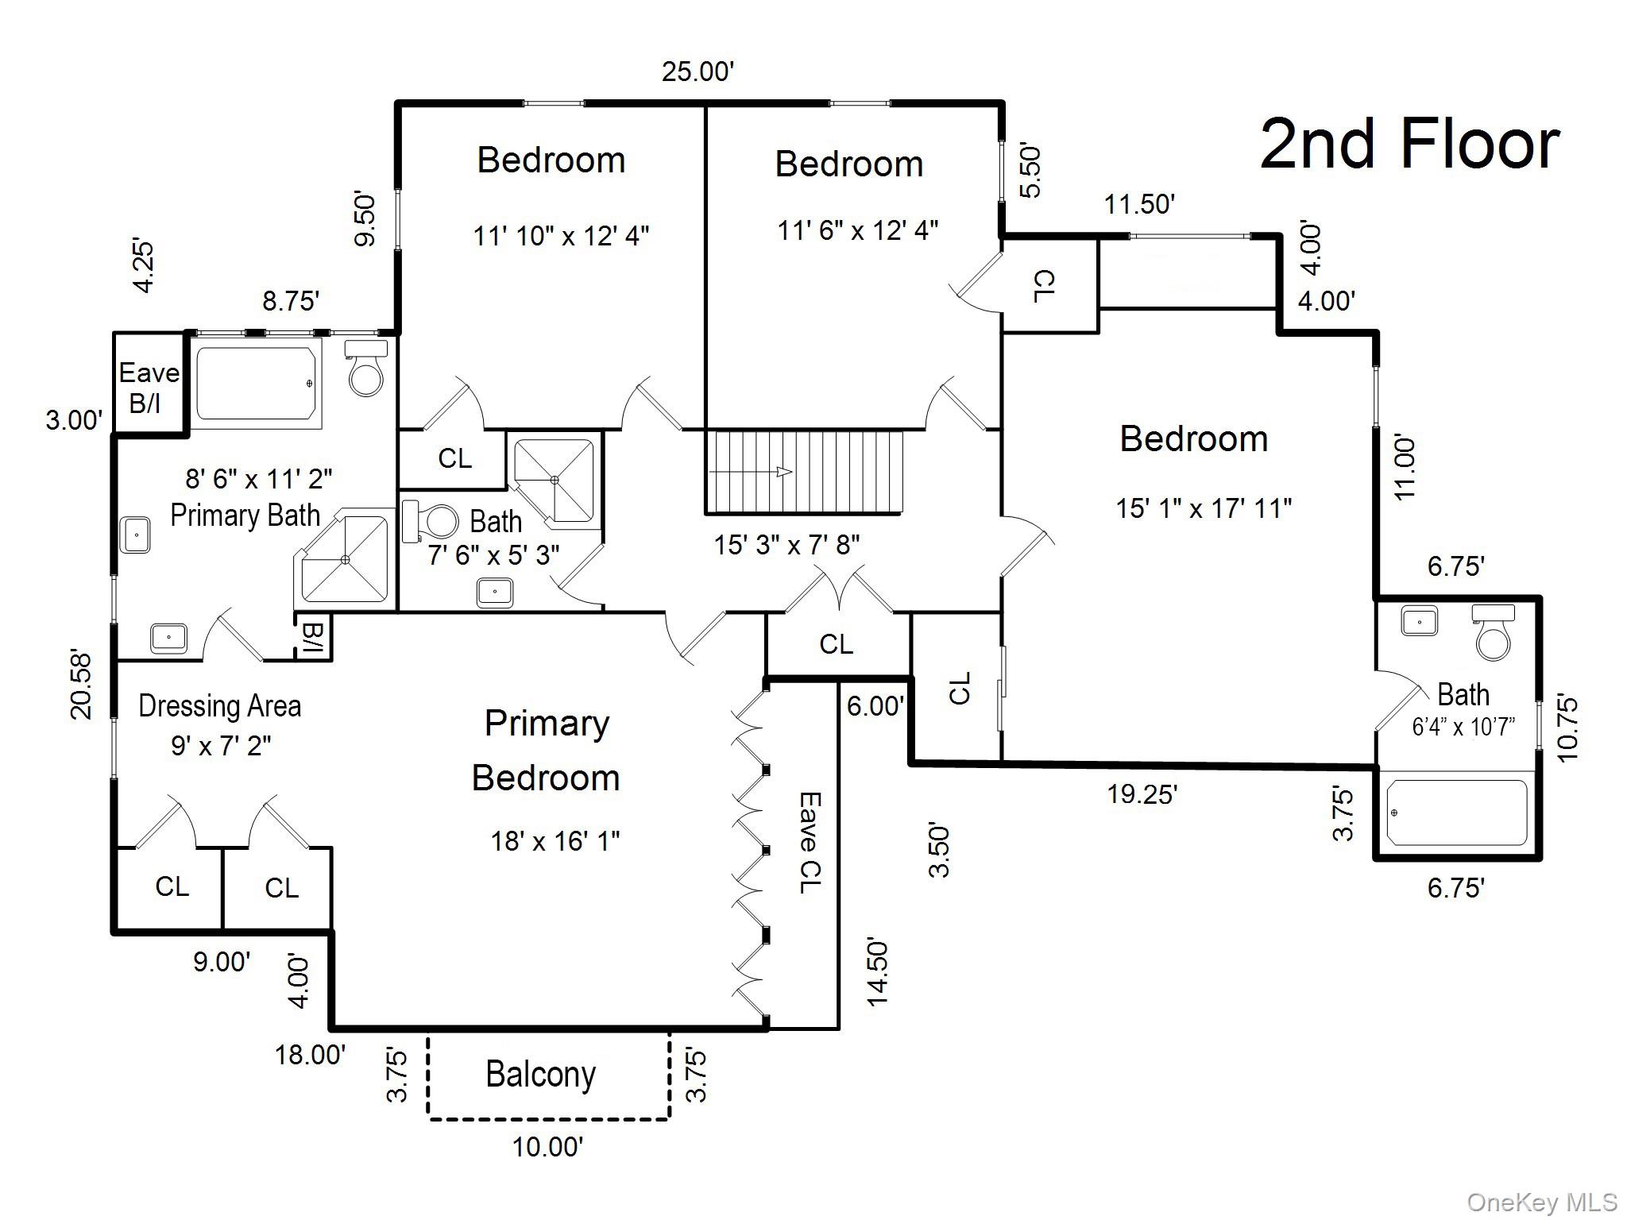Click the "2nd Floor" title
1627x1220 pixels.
tap(1409, 145)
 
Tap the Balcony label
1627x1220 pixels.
tap(540, 1075)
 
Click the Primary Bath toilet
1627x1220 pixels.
tap(367, 369)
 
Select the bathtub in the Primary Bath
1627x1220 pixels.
tap(257, 383)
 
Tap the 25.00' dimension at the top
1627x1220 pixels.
tap(698, 71)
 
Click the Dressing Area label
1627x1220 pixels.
tap(219, 706)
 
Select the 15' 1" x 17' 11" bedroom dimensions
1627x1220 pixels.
tap(1204, 508)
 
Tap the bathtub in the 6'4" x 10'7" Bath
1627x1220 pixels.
tap(1457, 813)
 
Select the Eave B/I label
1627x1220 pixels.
tap(149, 388)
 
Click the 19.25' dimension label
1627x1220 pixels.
tap(1142, 793)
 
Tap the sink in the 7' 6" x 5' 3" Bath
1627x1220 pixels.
tap(495, 593)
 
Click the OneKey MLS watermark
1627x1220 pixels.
tap(1542, 1203)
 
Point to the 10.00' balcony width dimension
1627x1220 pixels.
tap(548, 1147)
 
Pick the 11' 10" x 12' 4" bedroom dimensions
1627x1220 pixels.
tap(561, 236)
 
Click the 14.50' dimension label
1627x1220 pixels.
tap(877, 973)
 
